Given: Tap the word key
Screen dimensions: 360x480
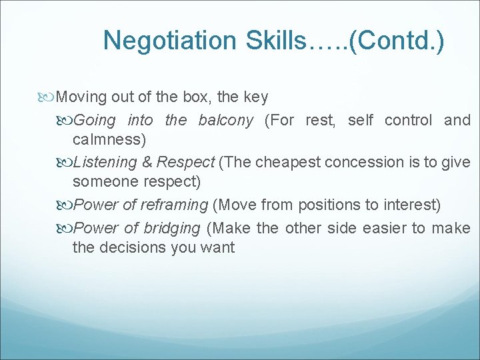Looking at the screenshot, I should point(256,97).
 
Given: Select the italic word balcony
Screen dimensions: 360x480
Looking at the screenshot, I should point(225,121).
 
